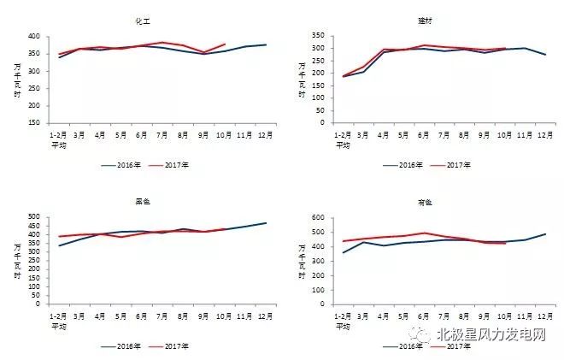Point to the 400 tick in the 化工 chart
point(34,37)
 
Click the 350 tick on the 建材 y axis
point(317,36)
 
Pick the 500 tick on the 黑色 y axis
point(34,217)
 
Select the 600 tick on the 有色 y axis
point(317,217)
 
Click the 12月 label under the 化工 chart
point(266,134)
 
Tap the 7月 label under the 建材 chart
point(444,134)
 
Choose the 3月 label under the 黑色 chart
point(79,315)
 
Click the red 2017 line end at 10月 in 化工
point(225,44)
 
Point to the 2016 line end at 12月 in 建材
point(546,55)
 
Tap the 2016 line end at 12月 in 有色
point(546,233)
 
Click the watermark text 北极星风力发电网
point(491,336)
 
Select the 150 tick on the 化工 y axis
point(34,123)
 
